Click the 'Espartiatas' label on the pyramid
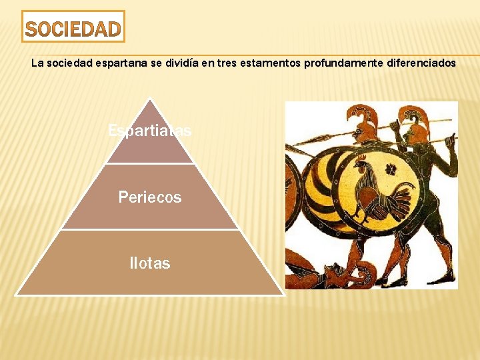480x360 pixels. click(x=150, y=131)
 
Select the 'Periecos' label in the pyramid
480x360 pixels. click(x=150, y=197)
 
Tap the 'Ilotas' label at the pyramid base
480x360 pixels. click(x=150, y=263)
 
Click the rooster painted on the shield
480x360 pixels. click(x=377, y=190)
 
